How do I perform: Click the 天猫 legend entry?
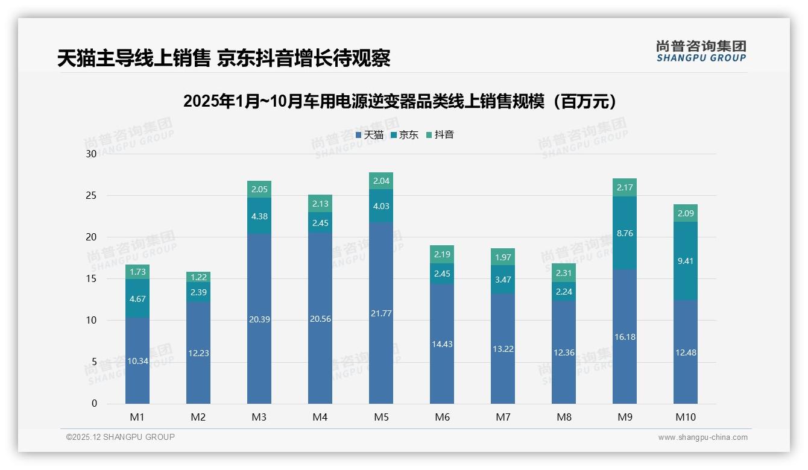[370, 135]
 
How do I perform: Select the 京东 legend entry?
[405, 135]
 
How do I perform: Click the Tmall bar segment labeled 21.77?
[381, 313]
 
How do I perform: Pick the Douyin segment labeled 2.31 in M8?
[564, 273]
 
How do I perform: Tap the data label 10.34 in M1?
[137, 361]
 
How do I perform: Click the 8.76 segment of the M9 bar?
[625, 233]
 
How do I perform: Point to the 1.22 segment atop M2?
[198, 277]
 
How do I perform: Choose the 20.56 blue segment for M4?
[320, 319]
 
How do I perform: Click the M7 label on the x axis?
[503, 417]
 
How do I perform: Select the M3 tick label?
[259, 417]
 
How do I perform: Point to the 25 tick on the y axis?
[91, 196]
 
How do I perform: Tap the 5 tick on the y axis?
[93, 362]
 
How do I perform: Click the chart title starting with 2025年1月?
[403, 101]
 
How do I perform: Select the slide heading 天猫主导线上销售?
[224, 58]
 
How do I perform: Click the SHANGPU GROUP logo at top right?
[701, 51]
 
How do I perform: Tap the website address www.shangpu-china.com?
[702, 437]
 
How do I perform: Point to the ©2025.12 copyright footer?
[121, 437]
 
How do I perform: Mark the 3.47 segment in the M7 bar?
[503, 280]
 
